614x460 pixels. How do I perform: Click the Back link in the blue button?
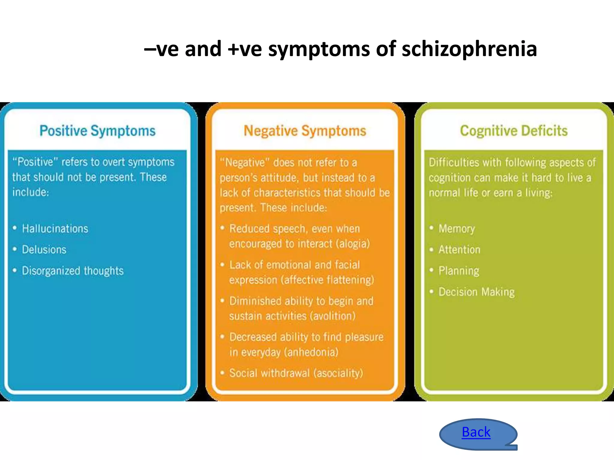coord(476,432)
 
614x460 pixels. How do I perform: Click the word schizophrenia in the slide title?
coord(469,49)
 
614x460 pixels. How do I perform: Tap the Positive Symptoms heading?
coord(97,131)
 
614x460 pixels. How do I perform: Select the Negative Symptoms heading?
coord(305,131)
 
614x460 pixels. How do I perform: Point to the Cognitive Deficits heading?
coord(514,131)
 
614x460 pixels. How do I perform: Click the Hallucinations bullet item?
coord(55,229)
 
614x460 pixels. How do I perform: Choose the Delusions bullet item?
coord(44,250)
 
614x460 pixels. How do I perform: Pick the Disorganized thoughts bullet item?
coord(73,271)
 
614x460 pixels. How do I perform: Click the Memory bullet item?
coord(457,229)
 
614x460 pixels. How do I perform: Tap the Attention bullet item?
coord(459,250)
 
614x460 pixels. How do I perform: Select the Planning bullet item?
coord(459,271)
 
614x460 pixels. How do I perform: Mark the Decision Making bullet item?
coord(476,292)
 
